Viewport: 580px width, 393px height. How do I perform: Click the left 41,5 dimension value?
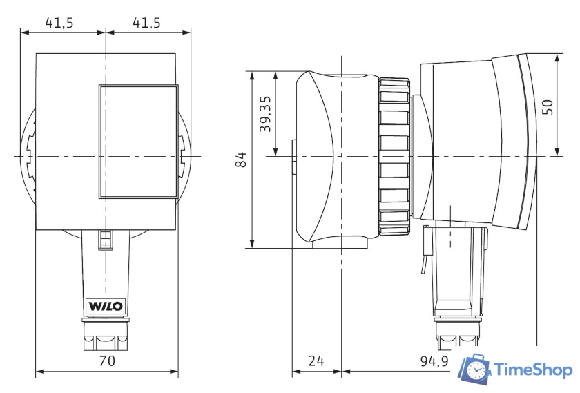coord(59,23)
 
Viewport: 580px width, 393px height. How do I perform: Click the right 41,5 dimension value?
coord(146,23)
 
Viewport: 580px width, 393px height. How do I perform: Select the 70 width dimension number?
coord(107,361)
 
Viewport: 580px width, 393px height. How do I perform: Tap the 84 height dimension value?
coord(241,159)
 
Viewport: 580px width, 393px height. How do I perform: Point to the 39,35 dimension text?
coord(265,114)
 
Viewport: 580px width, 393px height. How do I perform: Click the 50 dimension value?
coord(548,107)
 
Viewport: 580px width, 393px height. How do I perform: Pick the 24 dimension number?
coord(316,361)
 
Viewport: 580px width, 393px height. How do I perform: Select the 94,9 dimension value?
coord(434,361)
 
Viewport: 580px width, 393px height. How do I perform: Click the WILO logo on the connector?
coord(106,307)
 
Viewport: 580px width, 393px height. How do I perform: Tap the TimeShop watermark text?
coord(533,370)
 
